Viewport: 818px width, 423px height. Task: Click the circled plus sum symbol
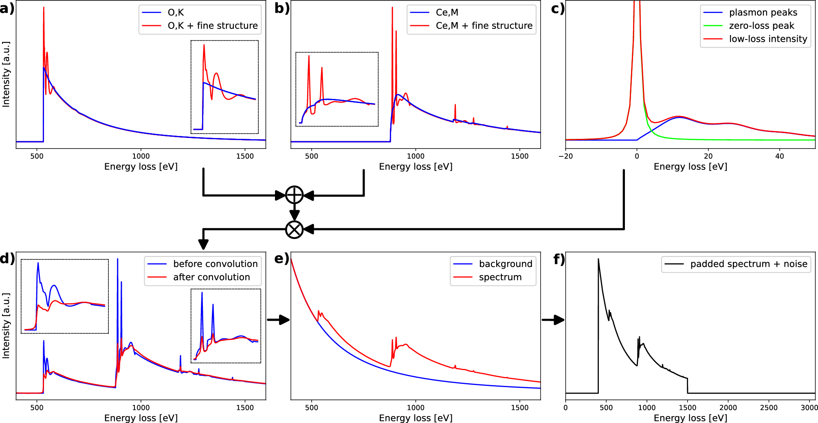pyautogui.click(x=294, y=195)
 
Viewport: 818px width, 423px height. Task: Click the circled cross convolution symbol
pyautogui.click(x=294, y=230)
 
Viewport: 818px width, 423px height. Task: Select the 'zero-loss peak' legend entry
pyautogui.click(x=761, y=26)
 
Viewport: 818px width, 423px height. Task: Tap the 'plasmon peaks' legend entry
pyautogui.click(x=763, y=13)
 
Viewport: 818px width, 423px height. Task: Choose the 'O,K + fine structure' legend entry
pyautogui.click(x=212, y=26)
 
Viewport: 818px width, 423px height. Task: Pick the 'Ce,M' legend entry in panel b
pyautogui.click(x=446, y=13)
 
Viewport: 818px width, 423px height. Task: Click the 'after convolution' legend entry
pyautogui.click(x=211, y=277)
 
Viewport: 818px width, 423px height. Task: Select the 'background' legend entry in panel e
pyautogui.click(x=505, y=264)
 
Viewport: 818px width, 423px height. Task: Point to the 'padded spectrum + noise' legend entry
pyautogui.click(x=748, y=264)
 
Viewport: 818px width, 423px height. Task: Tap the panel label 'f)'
pyautogui.click(x=559, y=259)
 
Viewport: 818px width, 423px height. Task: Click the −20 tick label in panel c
pyautogui.click(x=565, y=156)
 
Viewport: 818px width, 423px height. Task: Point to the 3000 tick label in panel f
pyautogui.click(x=809, y=408)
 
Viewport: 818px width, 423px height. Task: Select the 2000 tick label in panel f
pyautogui.click(x=728, y=408)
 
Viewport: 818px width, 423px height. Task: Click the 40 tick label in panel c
pyautogui.click(x=779, y=156)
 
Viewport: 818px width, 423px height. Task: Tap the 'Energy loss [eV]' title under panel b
pyautogui.click(x=416, y=167)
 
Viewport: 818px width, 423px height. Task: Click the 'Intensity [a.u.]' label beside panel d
pyautogui.click(x=6, y=326)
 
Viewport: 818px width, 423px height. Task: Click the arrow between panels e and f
pyautogui.click(x=553, y=320)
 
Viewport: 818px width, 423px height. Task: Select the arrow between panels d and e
pyautogui.click(x=278, y=320)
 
